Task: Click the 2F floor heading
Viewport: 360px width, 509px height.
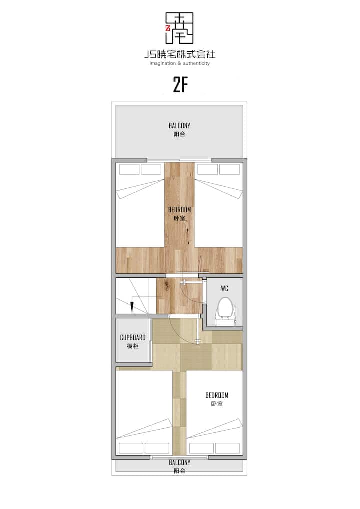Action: tap(180, 85)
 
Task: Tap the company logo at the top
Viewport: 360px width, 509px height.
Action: tap(179, 28)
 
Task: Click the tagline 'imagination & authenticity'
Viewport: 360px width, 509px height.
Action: tap(180, 63)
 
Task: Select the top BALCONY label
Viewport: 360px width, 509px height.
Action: tap(179, 125)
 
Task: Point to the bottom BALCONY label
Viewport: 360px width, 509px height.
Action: tap(179, 462)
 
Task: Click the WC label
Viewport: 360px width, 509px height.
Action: tap(224, 288)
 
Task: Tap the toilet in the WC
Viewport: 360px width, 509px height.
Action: tap(225, 311)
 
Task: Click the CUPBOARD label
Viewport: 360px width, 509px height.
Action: tap(133, 337)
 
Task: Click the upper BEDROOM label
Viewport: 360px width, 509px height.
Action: tap(180, 210)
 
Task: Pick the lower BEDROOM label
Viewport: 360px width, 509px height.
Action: tap(217, 395)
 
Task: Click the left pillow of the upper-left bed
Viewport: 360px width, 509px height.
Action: tap(129, 169)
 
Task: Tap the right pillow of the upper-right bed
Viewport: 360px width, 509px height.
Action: tap(229, 169)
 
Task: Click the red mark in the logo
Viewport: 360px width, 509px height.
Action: tap(168, 28)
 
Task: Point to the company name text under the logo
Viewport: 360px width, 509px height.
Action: tap(180, 54)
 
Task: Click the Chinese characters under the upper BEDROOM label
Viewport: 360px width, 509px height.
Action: tap(180, 218)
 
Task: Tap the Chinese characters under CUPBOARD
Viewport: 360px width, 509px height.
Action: tap(133, 346)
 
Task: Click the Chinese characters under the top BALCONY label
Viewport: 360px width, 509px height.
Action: tap(179, 134)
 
